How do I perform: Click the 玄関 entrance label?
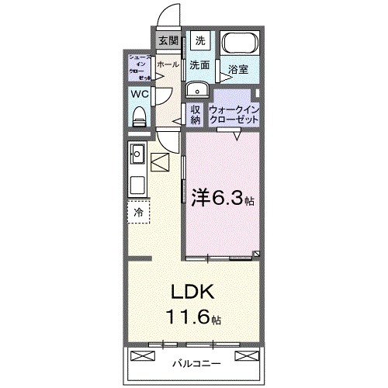pyautogui.click(x=168, y=41)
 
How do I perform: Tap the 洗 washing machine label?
pyautogui.click(x=200, y=40)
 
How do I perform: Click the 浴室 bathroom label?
pyautogui.click(x=238, y=69)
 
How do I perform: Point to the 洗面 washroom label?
pyautogui.click(x=200, y=65)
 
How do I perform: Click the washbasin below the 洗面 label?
pyautogui.click(x=195, y=87)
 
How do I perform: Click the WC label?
pyautogui.click(x=140, y=95)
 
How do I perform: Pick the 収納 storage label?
pyautogui.click(x=196, y=113)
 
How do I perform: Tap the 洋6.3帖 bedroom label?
pyautogui.click(x=221, y=199)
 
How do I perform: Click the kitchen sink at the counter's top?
pyautogui.click(x=138, y=152)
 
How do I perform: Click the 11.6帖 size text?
pyautogui.click(x=194, y=318)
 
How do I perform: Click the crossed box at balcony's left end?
pyautogui.click(x=144, y=355)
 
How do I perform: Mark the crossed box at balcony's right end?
pyautogui.click(x=245, y=355)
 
